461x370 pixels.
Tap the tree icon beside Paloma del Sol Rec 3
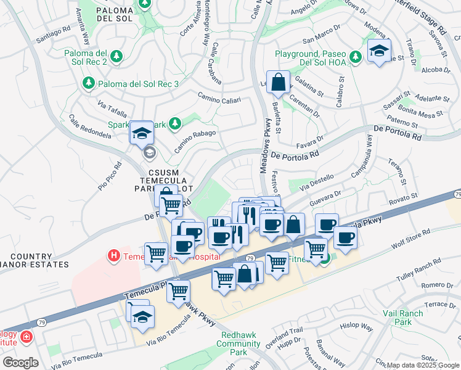(89, 83)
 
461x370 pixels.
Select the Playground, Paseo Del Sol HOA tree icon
(355, 57)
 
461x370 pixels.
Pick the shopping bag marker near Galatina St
(279, 83)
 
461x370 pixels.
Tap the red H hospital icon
(113, 254)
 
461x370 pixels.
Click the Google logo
(20, 362)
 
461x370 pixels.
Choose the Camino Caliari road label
(218, 97)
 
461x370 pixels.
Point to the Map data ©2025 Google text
(422, 364)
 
